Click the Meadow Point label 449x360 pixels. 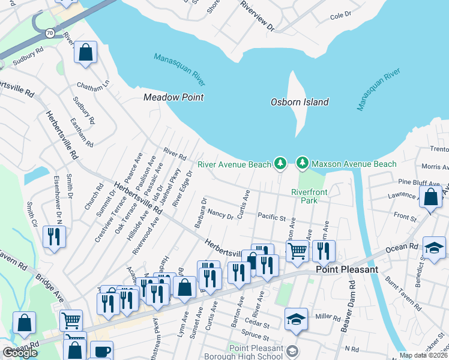coord(173,97)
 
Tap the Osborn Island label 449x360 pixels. coord(300,102)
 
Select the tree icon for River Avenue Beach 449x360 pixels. coord(280,163)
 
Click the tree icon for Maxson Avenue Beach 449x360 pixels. coord(303,163)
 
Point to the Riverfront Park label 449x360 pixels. coord(304,196)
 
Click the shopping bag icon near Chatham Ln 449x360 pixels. coord(86,52)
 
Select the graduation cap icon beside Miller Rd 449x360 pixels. coord(296,319)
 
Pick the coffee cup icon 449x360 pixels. coord(101,350)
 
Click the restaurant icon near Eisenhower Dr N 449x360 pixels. coord(55,236)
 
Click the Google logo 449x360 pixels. coord(20,353)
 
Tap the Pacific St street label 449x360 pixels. coord(270,215)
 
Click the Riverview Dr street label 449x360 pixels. coord(256,16)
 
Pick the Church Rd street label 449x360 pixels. coord(90,196)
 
